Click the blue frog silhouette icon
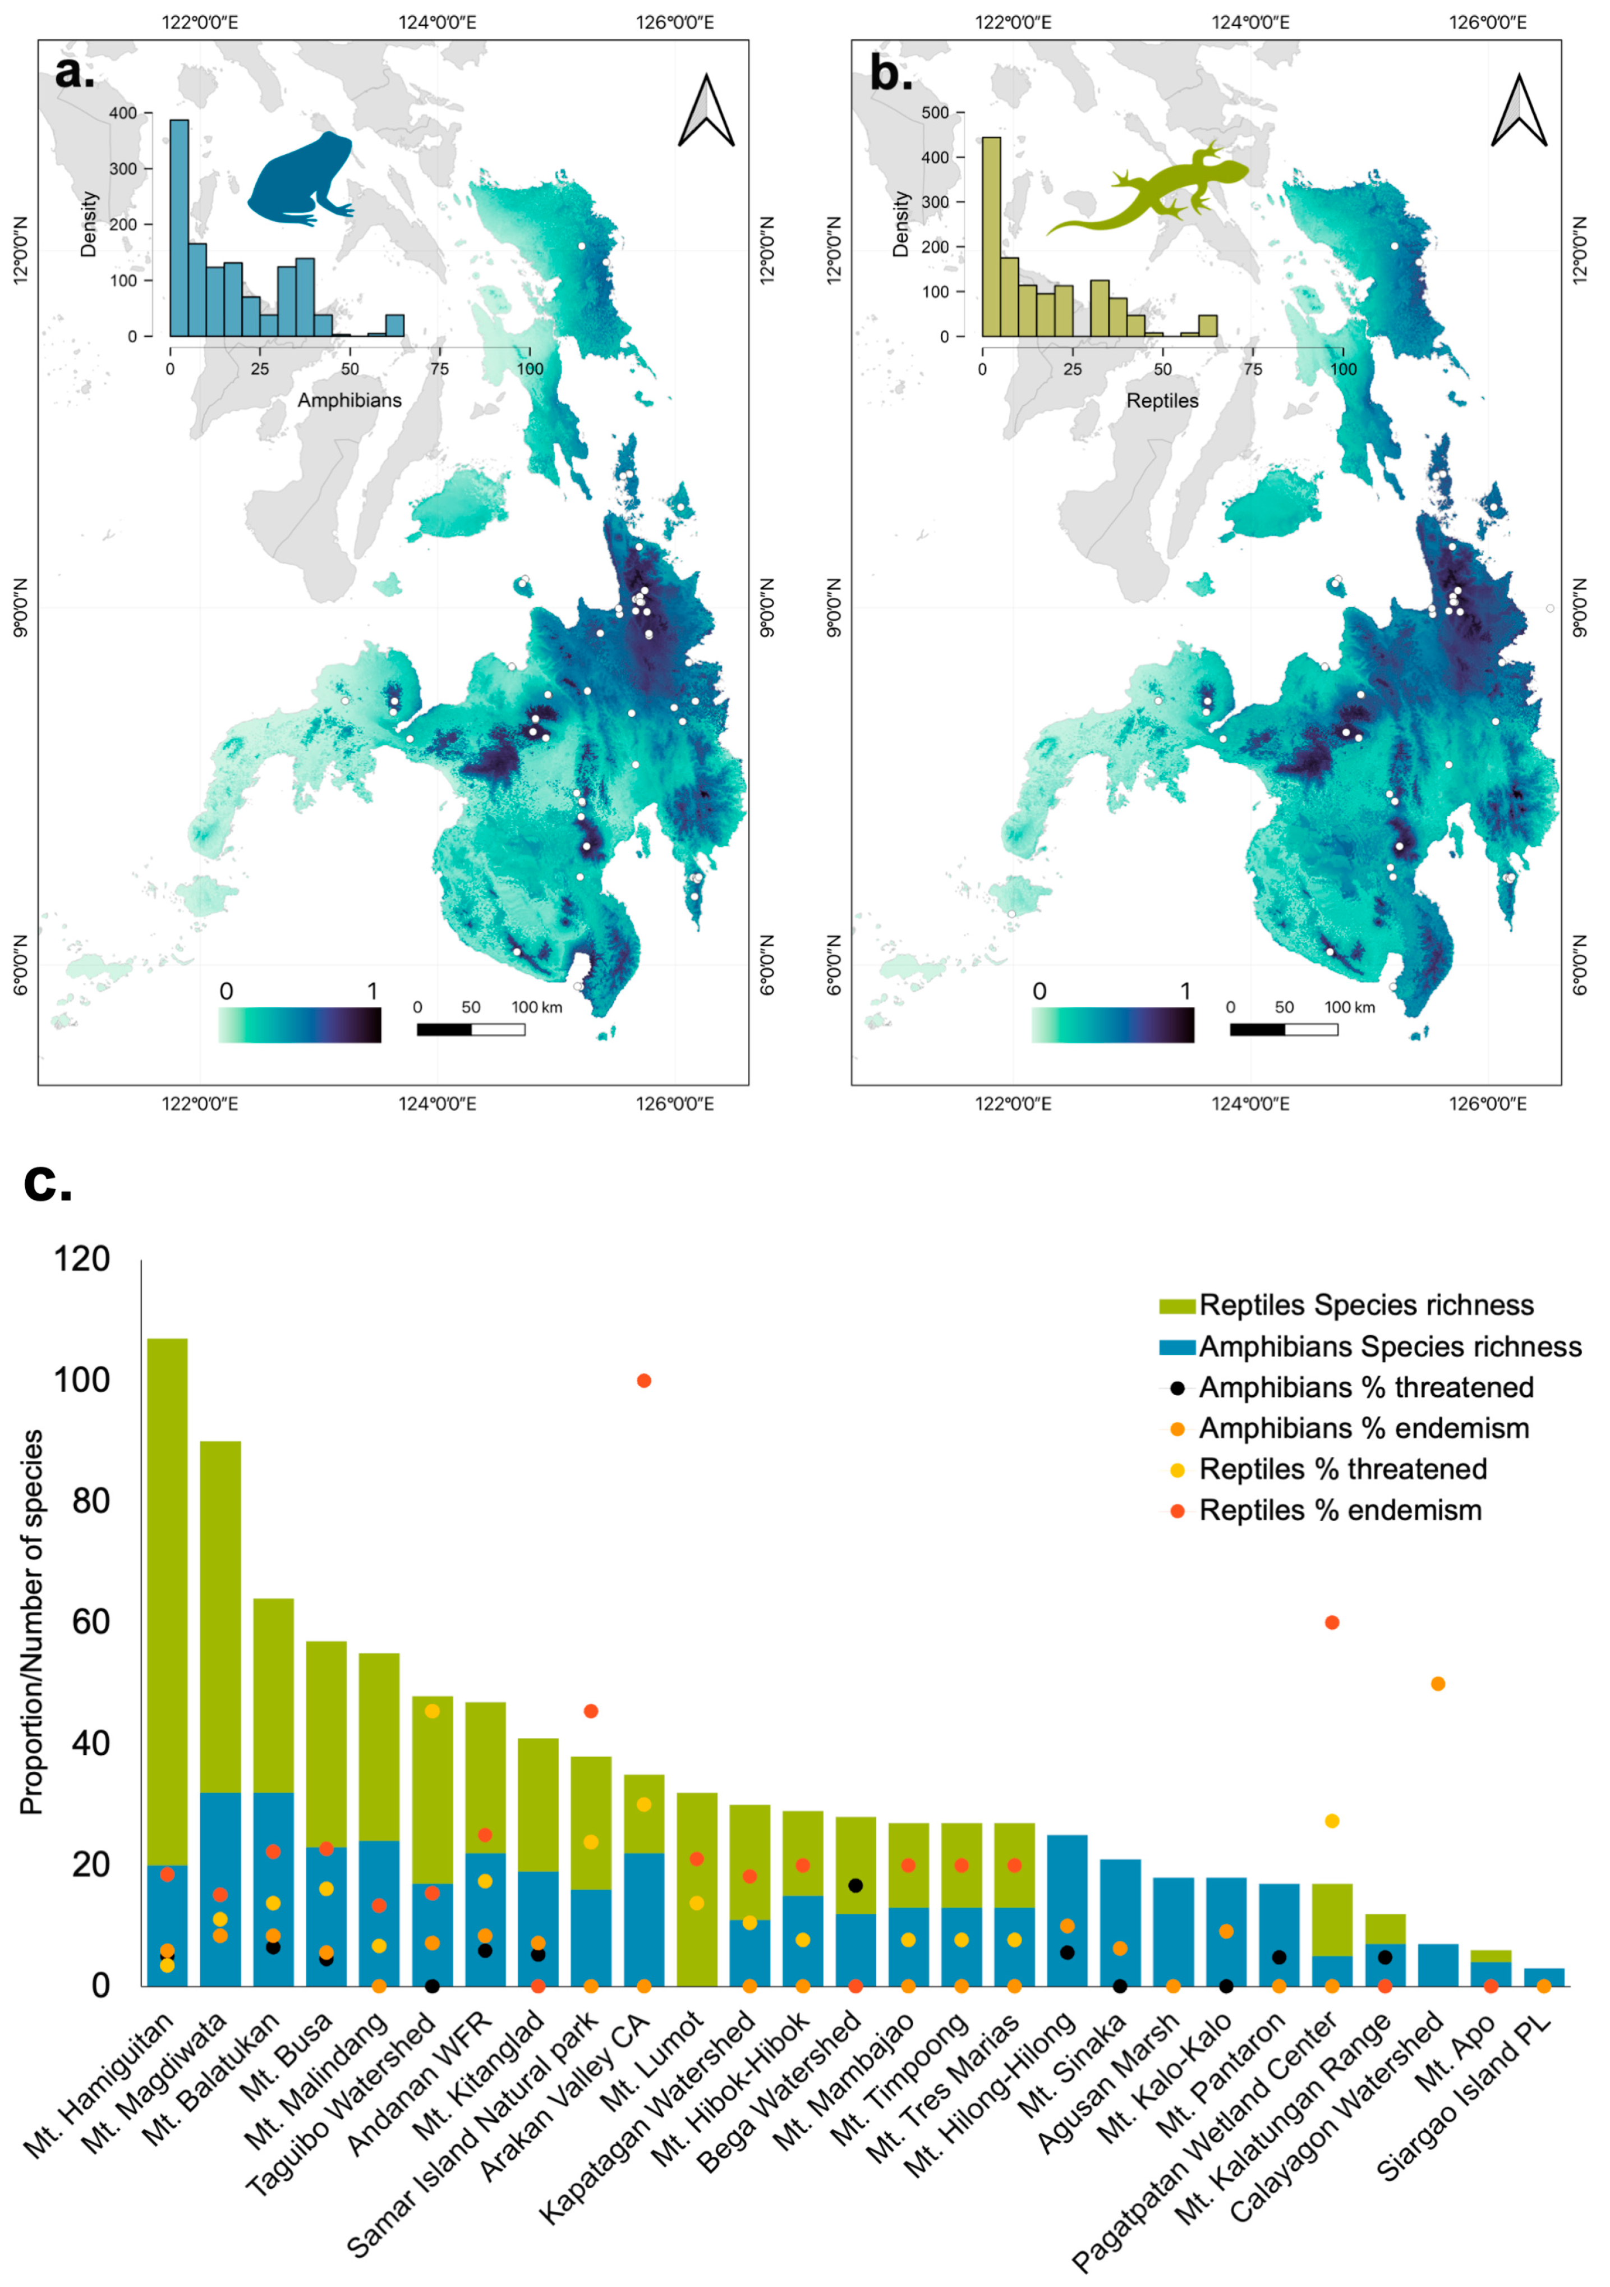pos(298,179)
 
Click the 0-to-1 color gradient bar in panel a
pos(298,1025)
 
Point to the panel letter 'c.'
pos(48,1183)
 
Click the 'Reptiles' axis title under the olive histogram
pos(1162,400)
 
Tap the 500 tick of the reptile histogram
pos(935,113)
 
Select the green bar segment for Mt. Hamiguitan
pos(167,1594)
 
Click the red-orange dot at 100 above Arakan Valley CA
pos(644,1381)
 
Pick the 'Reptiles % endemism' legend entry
pos(1339,1510)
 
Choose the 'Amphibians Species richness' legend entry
pos(1389,1347)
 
